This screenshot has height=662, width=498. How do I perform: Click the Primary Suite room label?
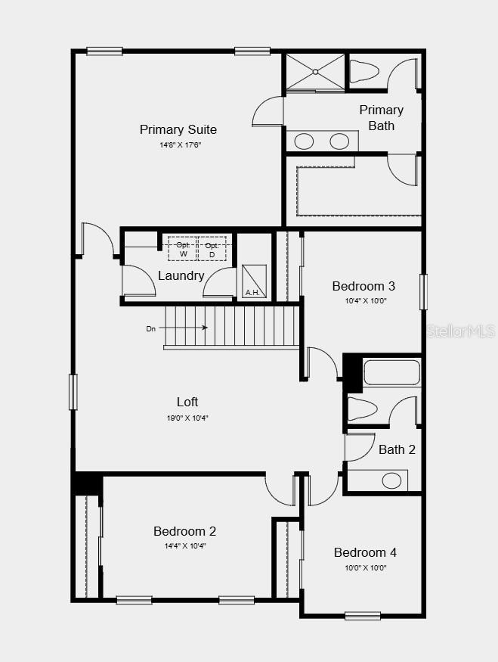click(178, 129)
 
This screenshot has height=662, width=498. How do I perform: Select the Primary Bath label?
click(381, 117)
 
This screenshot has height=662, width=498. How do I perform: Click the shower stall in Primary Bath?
click(314, 72)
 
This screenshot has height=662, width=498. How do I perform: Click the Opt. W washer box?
click(183, 249)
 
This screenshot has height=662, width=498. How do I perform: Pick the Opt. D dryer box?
click(212, 249)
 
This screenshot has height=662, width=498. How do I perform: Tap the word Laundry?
click(181, 275)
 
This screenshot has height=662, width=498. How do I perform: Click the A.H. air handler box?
click(254, 281)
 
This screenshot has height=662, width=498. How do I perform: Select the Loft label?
click(187, 402)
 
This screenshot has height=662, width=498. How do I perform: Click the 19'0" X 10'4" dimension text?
click(187, 417)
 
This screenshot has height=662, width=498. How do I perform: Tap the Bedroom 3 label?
click(363, 286)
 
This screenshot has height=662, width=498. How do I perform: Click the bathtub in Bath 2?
click(391, 373)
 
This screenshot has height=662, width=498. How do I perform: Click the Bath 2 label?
click(397, 449)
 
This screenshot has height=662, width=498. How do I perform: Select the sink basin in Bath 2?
click(391, 480)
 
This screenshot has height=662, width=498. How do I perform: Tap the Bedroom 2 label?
click(184, 531)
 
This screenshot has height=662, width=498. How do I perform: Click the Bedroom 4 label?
click(365, 552)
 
